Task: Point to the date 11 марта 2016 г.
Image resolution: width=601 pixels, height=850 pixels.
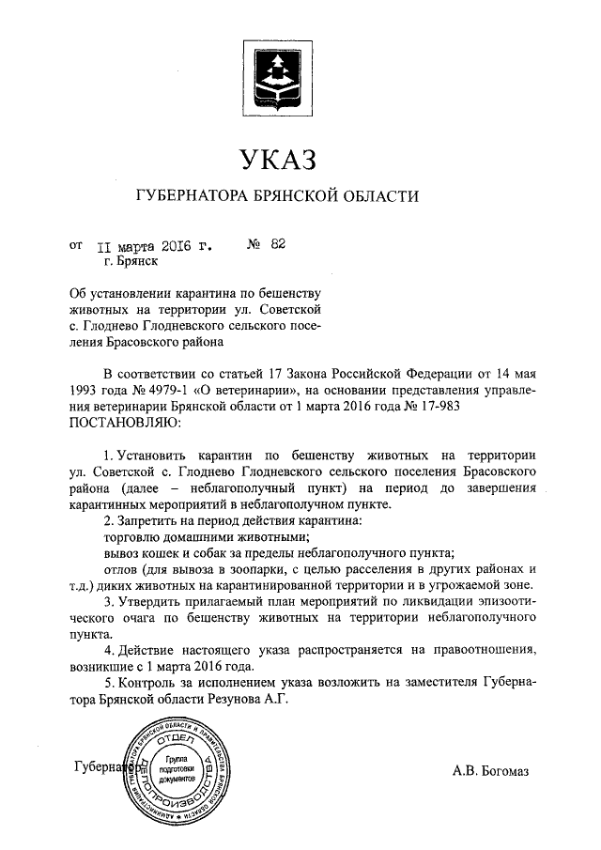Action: tap(152, 246)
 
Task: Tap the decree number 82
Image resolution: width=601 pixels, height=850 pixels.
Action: tap(277, 245)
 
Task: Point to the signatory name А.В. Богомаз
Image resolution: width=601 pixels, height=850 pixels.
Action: tap(490, 771)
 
